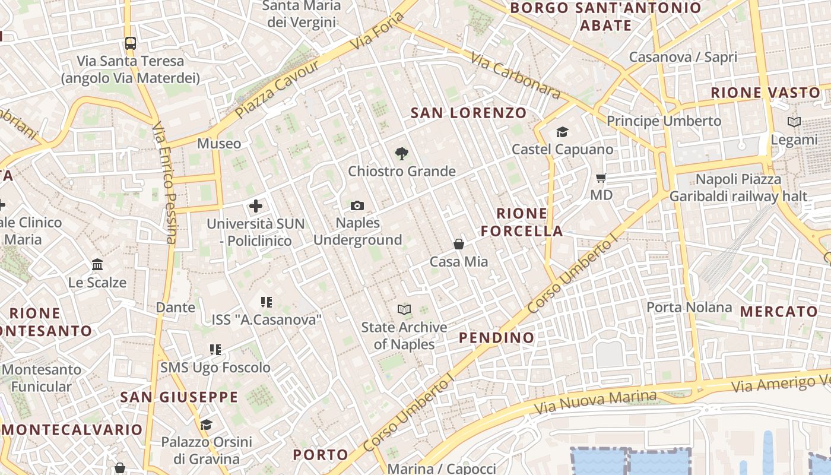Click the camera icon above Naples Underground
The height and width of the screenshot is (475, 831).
(x=357, y=205)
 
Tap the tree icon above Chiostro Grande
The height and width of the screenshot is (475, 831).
(x=401, y=154)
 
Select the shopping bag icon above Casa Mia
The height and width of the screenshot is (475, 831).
(x=459, y=244)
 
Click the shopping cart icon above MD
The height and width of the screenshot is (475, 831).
(x=601, y=178)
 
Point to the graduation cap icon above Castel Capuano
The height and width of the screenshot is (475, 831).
(x=562, y=132)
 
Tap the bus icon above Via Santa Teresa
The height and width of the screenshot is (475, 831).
(x=130, y=43)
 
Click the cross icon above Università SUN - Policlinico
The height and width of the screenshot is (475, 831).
(x=255, y=206)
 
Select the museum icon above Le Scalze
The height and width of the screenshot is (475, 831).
(x=97, y=264)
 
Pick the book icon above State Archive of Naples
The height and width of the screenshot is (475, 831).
(x=404, y=309)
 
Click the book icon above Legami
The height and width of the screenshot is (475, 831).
(x=794, y=122)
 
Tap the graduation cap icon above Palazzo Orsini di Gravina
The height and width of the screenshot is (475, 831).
(x=206, y=425)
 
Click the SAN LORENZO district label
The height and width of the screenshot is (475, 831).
(x=468, y=113)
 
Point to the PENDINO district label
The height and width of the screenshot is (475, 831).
(x=497, y=338)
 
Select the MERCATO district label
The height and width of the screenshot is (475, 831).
(x=779, y=312)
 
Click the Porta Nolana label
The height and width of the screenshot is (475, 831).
(x=689, y=308)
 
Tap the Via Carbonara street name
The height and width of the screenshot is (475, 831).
(x=515, y=76)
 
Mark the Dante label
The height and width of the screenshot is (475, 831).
(x=175, y=308)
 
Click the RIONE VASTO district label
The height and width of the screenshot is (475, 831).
(x=765, y=93)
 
